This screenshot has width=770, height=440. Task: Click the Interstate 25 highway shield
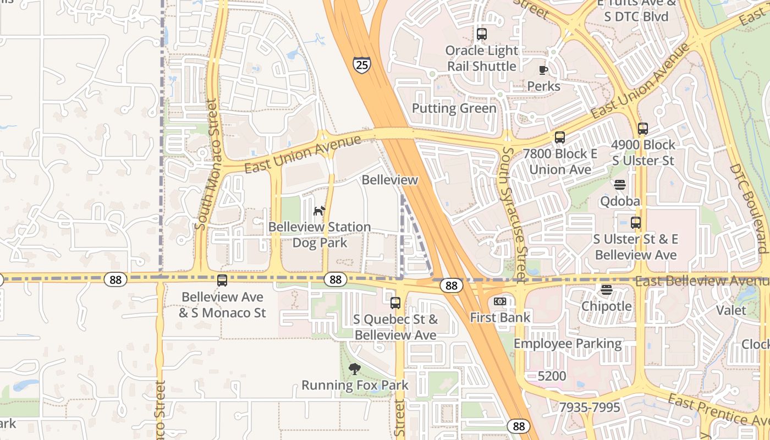click(x=361, y=65)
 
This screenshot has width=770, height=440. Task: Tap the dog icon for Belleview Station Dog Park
click(x=319, y=210)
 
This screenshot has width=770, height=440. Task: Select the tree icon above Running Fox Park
click(x=355, y=369)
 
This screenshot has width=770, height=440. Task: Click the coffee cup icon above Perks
click(x=543, y=70)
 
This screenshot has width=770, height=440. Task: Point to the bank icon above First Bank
click(x=500, y=301)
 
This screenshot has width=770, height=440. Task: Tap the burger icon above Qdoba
click(x=620, y=185)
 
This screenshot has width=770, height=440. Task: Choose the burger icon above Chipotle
click(x=607, y=290)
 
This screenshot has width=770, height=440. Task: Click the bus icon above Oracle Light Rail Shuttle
click(x=482, y=34)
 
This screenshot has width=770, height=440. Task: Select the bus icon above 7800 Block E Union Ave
click(x=560, y=137)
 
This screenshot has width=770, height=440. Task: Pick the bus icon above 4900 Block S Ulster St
click(x=643, y=129)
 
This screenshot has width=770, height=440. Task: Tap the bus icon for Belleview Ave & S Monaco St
click(x=222, y=280)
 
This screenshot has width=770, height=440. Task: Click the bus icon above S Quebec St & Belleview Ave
click(x=395, y=302)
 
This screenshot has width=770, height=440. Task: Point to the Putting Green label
click(x=454, y=108)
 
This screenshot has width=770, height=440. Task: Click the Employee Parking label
click(x=567, y=344)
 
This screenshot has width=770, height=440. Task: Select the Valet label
click(x=731, y=310)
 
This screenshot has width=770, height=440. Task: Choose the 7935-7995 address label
click(x=589, y=408)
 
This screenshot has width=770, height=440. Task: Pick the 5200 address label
click(x=552, y=376)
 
